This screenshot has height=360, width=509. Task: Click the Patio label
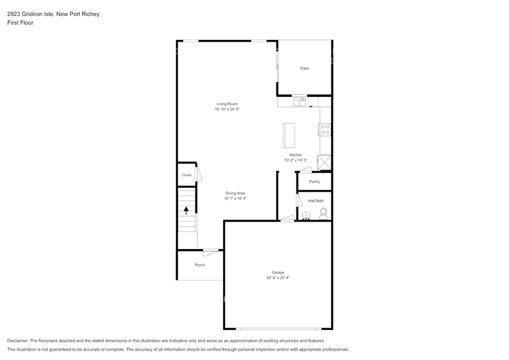click(304, 68)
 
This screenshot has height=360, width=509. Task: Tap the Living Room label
click(227, 104)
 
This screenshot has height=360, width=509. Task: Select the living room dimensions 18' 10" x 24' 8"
click(227, 110)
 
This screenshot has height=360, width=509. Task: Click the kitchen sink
click(300, 101)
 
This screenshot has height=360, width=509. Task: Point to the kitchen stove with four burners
click(325, 129)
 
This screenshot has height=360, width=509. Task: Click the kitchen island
click(288, 135)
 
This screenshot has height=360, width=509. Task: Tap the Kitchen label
click(296, 155)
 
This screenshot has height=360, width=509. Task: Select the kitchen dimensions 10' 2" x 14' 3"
click(296, 160)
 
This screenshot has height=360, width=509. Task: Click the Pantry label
click(314, 182)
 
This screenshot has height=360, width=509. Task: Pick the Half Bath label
click(316, 201)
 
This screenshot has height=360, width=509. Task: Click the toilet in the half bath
click(323, 213)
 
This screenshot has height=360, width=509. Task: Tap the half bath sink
click(306, 216)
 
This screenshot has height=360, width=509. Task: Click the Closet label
click(186, 175)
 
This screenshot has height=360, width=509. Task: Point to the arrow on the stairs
click(186, 211)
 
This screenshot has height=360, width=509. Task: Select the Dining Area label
click(235, 193)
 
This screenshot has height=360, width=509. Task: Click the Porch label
click(200, 265)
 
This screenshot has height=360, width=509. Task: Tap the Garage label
click(278, 272)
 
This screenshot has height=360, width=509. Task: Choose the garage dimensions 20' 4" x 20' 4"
click(278, 278)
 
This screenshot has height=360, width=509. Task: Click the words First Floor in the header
click(20, 23)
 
